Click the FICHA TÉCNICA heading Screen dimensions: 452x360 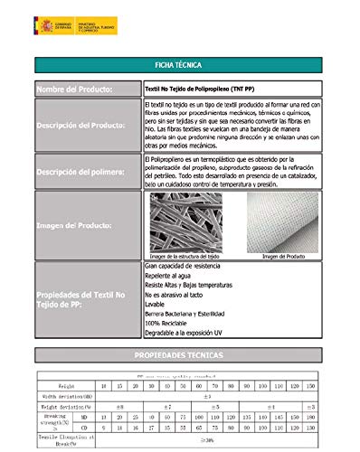point(180,66)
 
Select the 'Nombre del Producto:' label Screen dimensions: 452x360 point(74,90)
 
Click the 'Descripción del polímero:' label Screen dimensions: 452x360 point(81,172)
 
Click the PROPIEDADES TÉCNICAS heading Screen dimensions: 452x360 point(180,355)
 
